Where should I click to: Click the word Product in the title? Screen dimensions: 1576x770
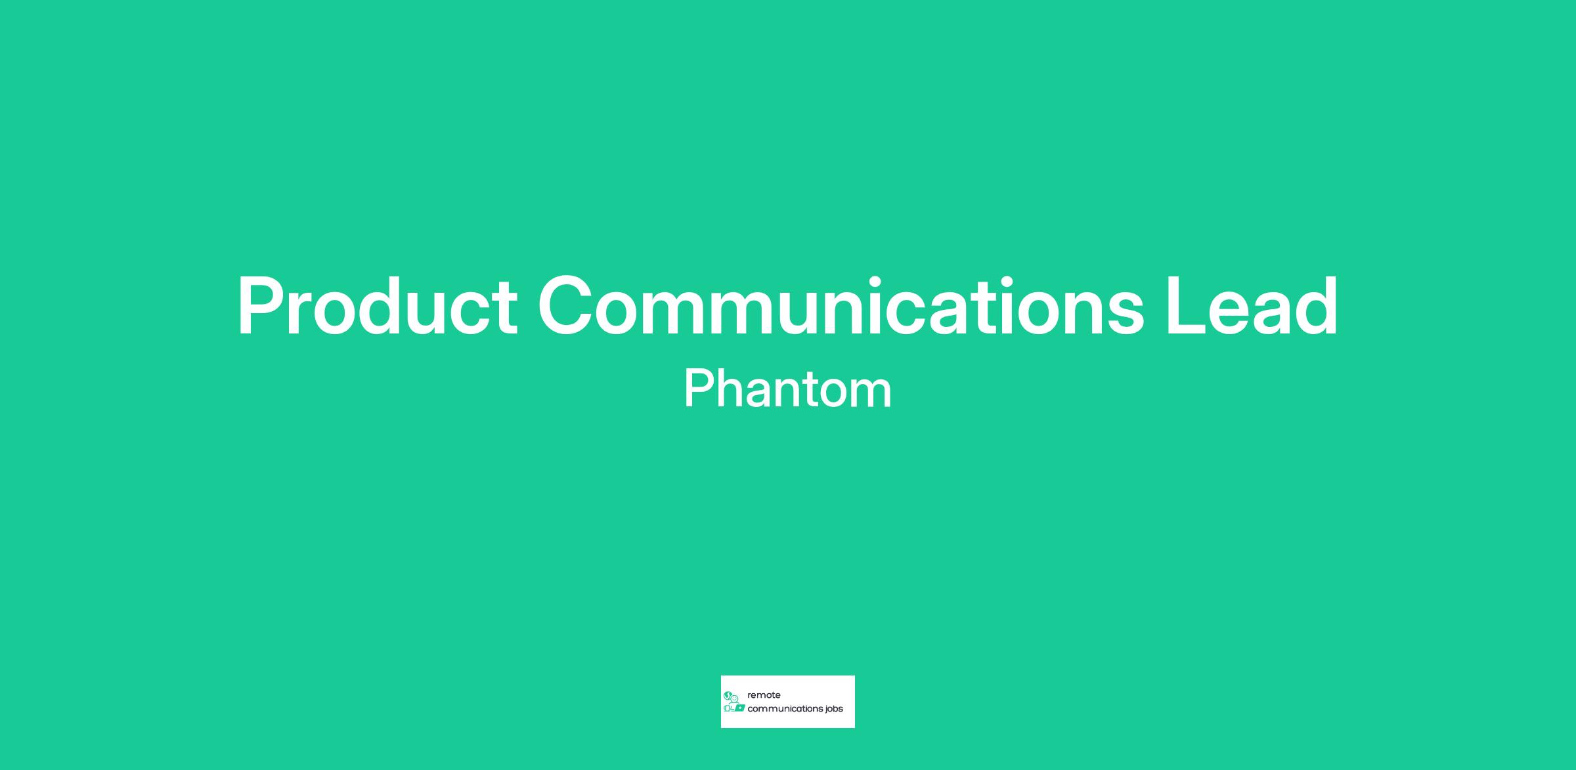coord(378,307)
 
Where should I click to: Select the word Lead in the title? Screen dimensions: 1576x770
coord(1252,307)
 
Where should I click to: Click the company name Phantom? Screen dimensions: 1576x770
coord(787,389)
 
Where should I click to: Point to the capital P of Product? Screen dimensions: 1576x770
coord(263,307)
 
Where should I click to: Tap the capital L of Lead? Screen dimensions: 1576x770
coord(1188,307)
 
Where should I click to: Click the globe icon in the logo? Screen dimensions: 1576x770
coord(728,695)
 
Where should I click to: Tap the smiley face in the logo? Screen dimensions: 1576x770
coord(735,698)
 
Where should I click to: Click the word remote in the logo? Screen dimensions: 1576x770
coord(764,695)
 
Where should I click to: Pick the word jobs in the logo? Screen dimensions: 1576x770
coord(833,709)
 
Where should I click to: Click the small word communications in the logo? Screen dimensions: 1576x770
coord(785,709)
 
